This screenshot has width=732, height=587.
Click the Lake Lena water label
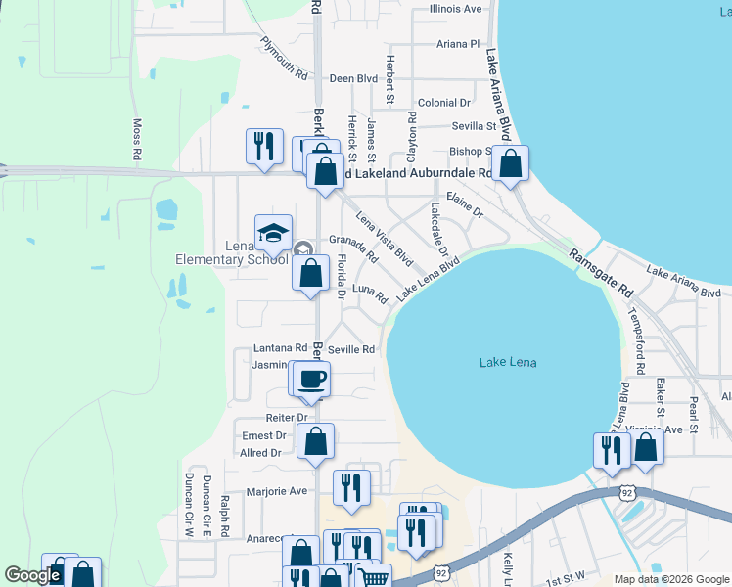[509, 363]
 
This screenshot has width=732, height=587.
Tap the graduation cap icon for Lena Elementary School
[273, 232]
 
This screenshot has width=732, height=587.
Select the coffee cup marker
[312, 379]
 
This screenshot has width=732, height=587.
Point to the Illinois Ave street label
[455, 9]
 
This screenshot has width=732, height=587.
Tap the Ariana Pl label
[458, 44]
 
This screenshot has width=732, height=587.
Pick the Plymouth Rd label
[284, 59]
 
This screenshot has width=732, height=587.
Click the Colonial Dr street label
[444, 103]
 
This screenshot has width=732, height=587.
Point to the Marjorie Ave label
[277, 491]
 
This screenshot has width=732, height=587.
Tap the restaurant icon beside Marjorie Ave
[351, 487]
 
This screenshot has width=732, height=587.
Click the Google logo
[32, 575]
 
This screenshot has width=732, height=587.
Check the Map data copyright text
[670, 579]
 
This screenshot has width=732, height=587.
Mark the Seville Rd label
[351, 349]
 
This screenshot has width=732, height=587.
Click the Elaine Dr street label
[465, 203]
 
